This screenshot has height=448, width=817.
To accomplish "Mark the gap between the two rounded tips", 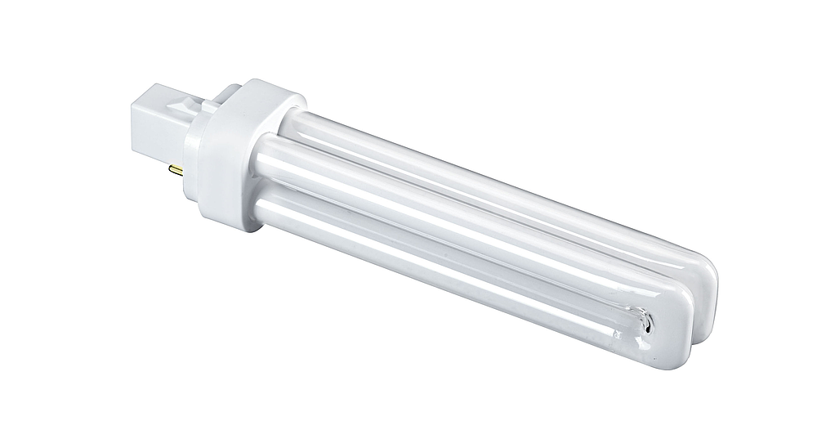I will (x=695, y=315).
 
